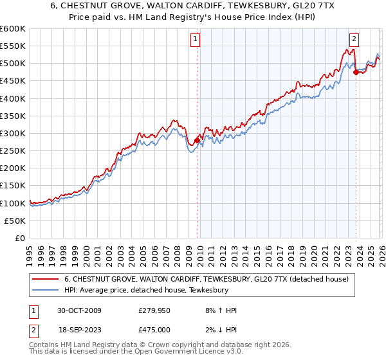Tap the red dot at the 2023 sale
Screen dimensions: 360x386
tap(356, 72)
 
